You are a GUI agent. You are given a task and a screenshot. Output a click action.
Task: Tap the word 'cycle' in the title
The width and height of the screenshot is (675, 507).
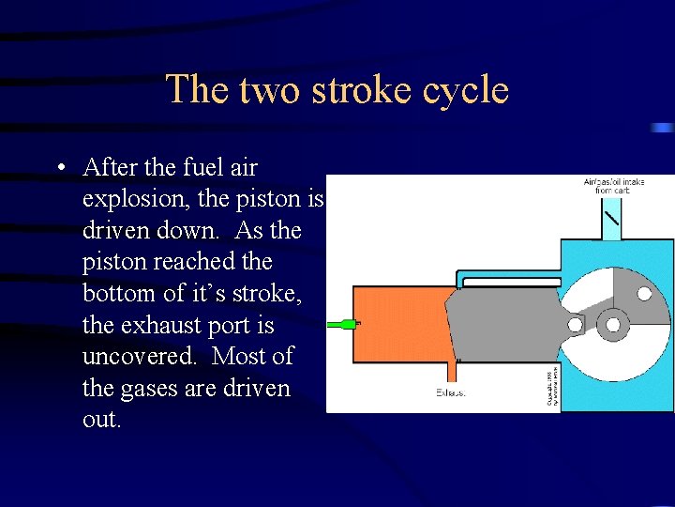[x=463, y=91]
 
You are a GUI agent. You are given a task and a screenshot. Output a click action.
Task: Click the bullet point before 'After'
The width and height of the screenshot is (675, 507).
[x=59, y=169]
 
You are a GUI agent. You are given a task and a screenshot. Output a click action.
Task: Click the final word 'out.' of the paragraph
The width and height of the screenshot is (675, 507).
[x=101, y=420]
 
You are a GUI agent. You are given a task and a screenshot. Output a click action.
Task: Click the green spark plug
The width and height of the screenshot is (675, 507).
[x=342, y=324]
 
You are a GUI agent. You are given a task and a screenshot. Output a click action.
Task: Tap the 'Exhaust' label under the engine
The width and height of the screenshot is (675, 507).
[x=451, y=392]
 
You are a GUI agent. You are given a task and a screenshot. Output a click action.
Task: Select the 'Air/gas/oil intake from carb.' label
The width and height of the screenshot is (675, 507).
[x=614, y=187]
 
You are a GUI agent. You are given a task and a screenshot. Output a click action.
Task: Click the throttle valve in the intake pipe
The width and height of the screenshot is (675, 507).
[x=611, y=222]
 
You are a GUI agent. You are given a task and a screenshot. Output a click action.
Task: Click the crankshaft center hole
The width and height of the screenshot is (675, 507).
[x=614, y=324]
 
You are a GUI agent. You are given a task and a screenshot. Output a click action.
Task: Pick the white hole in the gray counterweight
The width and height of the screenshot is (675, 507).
[x=644, y=293]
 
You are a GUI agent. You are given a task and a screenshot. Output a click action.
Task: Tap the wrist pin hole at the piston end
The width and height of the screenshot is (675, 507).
[x=575, y=325]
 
